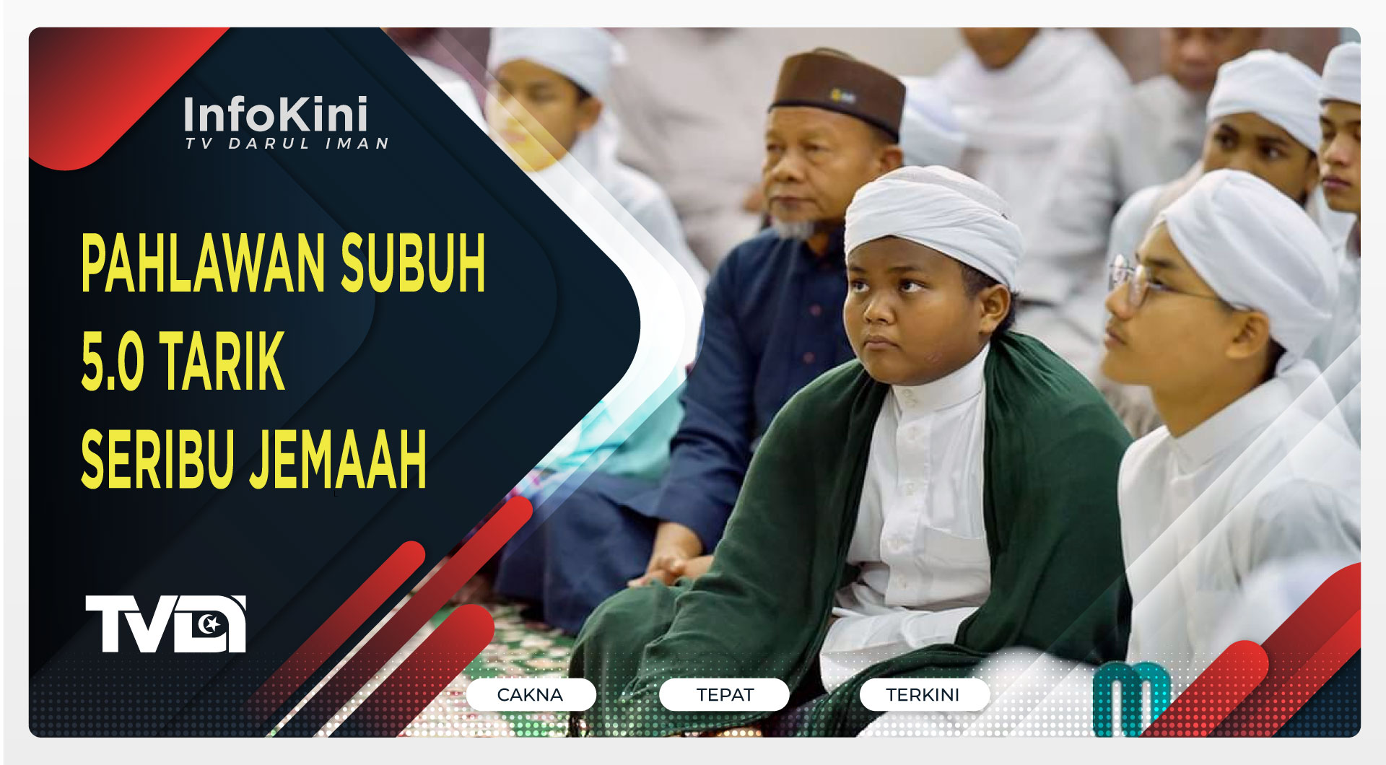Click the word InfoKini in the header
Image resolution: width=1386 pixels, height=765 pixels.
point(276,115)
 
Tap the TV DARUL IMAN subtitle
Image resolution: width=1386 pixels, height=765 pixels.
point(287,144)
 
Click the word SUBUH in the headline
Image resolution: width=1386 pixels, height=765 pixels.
point(413,264)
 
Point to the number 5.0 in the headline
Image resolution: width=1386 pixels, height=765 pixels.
point(113,362)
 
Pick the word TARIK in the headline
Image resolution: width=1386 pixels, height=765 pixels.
point(222,362)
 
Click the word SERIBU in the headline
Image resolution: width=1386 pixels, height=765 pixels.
point(157,459)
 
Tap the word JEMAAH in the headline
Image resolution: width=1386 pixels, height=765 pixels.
point(338,459)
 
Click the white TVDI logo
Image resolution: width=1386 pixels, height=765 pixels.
point(165,624)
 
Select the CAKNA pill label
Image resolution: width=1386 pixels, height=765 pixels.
point(531,695)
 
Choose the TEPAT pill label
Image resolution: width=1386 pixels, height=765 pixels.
point(724,695)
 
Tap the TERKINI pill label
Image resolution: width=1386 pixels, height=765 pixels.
point(923,695)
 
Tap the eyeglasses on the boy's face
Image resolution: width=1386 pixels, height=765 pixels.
point(1133,281)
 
